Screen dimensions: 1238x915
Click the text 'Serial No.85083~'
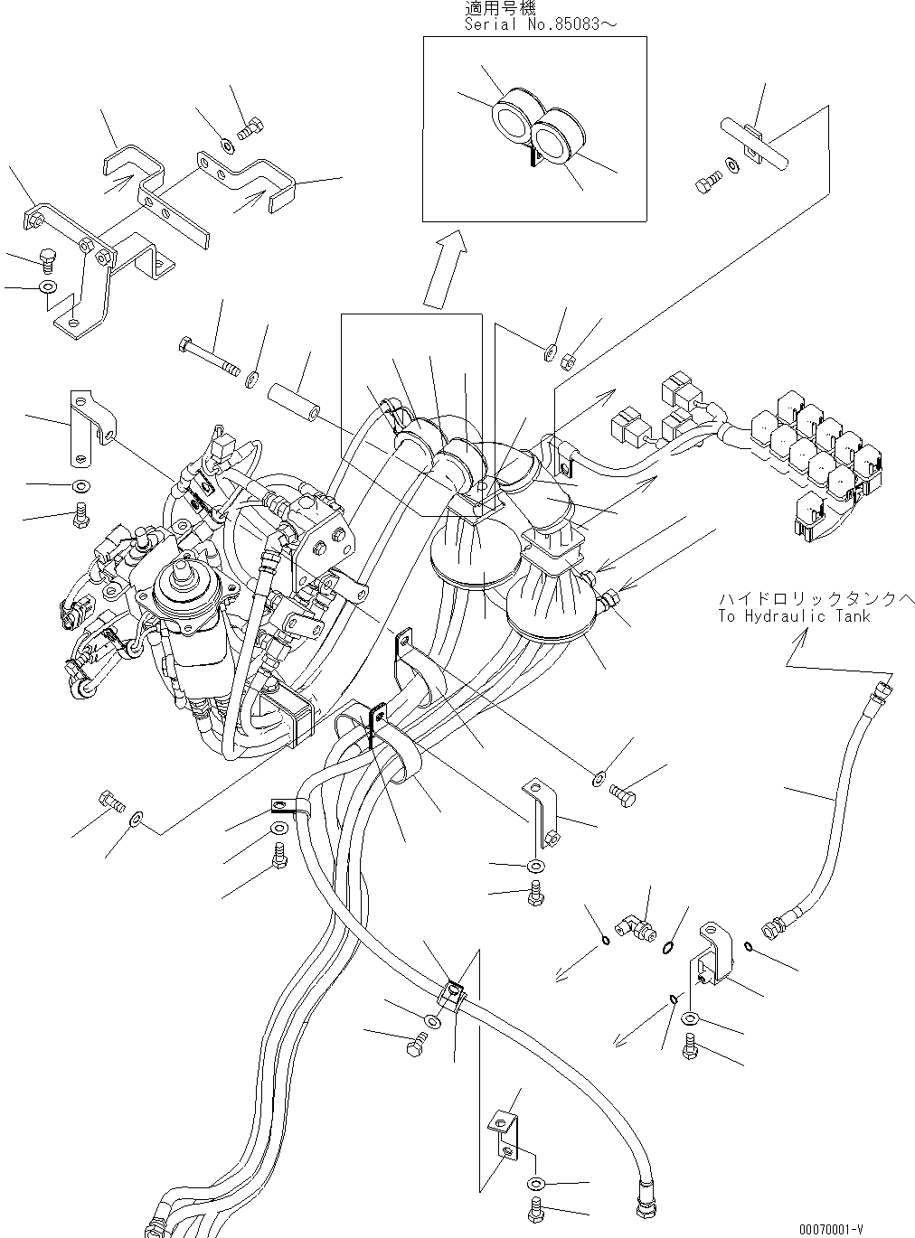pos(541,23)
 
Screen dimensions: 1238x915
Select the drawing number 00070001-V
pos(831,1229)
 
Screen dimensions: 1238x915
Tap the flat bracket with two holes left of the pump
pos(91,422)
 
